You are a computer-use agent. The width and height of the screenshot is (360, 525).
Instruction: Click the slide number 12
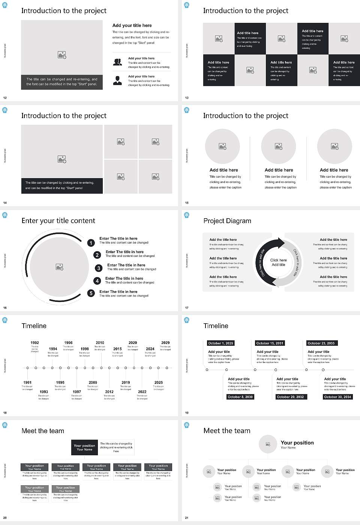5,98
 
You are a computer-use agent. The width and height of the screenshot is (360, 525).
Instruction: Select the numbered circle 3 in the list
99,268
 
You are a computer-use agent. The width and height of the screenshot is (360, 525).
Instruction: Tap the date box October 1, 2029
220,343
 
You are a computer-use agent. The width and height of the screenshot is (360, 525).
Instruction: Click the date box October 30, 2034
337,397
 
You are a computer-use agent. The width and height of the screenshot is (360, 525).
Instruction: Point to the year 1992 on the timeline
34,342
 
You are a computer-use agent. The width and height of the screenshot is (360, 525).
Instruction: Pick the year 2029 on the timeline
165,342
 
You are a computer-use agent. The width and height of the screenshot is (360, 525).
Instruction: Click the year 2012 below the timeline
109,391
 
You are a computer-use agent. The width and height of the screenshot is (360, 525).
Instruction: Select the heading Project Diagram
227,221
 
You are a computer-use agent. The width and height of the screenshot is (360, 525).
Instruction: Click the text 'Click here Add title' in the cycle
278,262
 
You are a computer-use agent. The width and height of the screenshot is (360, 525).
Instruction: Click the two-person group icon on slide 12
117,62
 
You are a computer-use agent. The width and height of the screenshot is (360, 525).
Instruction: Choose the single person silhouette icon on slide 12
117,80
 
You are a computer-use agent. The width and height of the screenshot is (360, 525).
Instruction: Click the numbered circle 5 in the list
91,293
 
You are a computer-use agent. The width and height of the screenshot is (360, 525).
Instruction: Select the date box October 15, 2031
270,343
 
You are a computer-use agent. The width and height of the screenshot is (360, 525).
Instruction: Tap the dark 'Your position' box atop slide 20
84,447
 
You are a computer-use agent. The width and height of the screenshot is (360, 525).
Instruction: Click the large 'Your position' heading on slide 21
297,442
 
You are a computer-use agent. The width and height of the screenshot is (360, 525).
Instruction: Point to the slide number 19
187,413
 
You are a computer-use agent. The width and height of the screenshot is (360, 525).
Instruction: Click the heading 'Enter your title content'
58,220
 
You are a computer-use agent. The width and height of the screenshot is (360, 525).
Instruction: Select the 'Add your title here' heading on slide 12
132,25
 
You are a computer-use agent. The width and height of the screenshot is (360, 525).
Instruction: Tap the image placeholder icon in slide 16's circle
59,267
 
